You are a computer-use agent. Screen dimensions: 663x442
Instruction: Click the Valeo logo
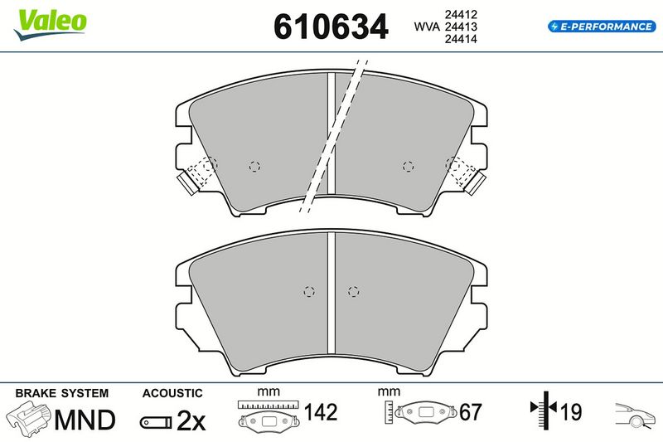(x=51, y=24)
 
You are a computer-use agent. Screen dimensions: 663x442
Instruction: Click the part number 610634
(x=331, y=27)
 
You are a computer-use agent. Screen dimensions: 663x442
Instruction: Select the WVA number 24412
(x=461, y=14)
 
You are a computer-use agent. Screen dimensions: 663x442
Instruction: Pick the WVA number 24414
(x=461, y=39)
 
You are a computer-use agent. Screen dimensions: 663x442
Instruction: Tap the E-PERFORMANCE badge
(x=602, y=27)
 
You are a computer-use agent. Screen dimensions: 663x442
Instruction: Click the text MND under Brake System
(x=85, y=420)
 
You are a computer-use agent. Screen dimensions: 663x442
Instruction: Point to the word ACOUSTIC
(x=172, y=393)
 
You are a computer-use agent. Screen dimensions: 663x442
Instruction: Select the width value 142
(x=321, y=412)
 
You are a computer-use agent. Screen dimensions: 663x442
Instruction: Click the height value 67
(x=471, y=412)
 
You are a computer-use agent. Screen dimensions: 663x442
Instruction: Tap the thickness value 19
(x=571, y=412)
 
